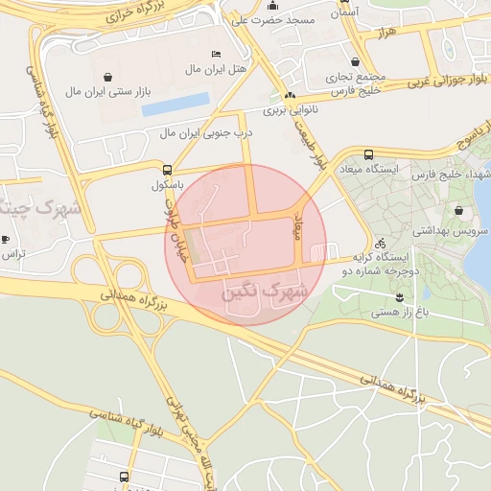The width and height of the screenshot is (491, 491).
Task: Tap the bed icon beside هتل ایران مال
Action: [216, 54]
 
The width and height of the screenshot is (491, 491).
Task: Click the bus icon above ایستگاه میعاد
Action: [369, 153]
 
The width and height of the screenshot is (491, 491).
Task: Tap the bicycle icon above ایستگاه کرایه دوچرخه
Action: [380, 243]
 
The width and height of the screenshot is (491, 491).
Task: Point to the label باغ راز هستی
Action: [399, 311]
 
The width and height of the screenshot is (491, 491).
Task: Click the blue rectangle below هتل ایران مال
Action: [175, 105]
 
